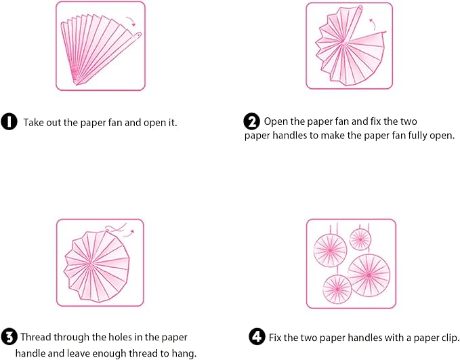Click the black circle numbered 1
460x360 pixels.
pos(9,121)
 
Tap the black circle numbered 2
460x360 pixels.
pos(252,121)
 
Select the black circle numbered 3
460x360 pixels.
pos(9,337)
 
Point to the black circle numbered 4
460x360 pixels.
pos(257,337)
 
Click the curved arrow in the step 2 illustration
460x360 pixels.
pos(373,24)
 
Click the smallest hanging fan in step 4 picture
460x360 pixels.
pos(360,239)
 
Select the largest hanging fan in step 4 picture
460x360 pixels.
pos(369,275)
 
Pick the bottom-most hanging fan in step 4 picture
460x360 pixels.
pos(337,289)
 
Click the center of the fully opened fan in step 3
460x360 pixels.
pos(90,264)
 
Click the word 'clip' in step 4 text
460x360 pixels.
pos(451,338)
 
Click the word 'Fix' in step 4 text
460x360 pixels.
pos(275,338)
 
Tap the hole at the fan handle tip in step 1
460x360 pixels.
pos(138,35)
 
